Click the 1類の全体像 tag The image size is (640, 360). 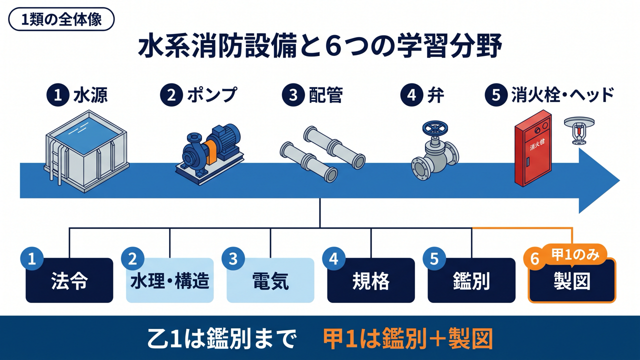[x=61, y=19]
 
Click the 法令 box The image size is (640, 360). [x=69, y=280]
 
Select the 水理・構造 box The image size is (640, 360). [x=170, y=280]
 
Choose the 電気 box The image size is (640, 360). [x=270, y=280]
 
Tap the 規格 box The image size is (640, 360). [x=371, y=280]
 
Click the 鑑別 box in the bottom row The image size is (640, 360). [x=471, y=280]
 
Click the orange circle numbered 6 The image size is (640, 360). [x=534, y=259]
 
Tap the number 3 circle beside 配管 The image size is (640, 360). [x=293, y=95]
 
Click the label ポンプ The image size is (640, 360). [x=212, y=95]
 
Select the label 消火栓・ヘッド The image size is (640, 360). [x=562, y=95]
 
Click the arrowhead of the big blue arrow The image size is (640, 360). [x=599, y=180]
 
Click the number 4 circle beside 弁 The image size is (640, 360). [x=412, y=95]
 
